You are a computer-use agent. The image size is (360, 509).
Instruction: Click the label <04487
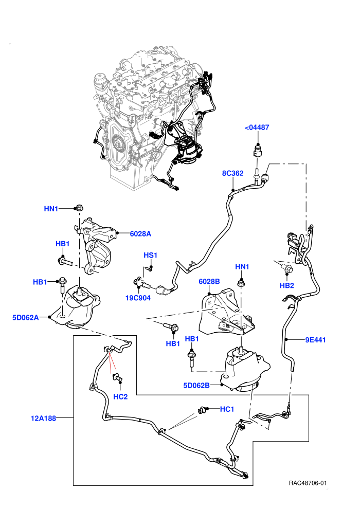pos(257,128)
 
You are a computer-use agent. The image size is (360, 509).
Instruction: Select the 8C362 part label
pos(233,173)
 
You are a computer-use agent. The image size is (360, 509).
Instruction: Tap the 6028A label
pos(140,234)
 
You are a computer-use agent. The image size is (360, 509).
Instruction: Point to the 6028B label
pos(209,281)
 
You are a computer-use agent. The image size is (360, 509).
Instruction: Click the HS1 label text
pos(150,256)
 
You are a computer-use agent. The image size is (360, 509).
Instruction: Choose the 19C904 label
pos(138,298)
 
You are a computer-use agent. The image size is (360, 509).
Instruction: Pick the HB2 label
pos(287,286)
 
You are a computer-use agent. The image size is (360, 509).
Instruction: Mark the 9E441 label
pos(316,340)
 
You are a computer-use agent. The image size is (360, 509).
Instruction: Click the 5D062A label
pos(26,317)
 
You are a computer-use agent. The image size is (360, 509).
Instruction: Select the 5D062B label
pos(197,386)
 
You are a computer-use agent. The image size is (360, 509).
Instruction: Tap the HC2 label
pos(120,397)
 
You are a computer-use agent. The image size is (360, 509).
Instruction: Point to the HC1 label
pos(227,409)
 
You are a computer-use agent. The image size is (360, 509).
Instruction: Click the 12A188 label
pos(44,419)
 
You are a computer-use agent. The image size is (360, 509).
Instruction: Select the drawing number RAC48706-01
pos(308,483)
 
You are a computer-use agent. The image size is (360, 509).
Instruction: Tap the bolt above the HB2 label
pos(287,268)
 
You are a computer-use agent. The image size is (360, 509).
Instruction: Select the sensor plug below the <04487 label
pos(257,152)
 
